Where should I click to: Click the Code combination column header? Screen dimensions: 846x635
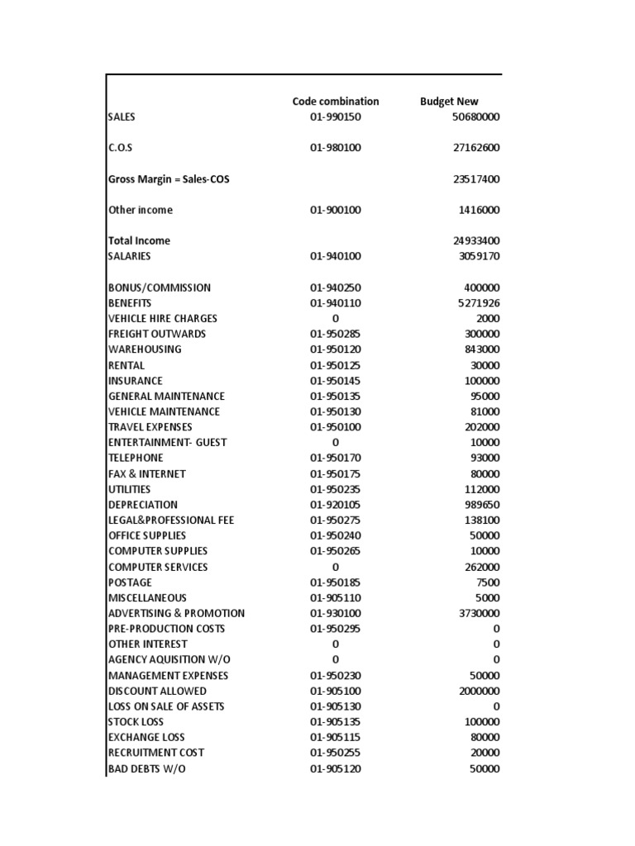tap(335, 102)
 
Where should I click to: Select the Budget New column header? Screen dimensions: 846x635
tap(449, 102)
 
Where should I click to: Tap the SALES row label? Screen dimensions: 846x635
tap(122, 117)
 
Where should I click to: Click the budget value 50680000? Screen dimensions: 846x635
tap(475, 117)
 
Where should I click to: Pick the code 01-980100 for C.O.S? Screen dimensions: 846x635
tap(335, 148)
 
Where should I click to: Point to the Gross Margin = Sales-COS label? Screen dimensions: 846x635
tap(169, 179)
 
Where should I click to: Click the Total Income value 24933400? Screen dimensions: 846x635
tap(475, 241)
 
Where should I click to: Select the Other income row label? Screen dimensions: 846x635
tap(141, 210)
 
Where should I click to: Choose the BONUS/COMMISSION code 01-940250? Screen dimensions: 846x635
tap(335, 288)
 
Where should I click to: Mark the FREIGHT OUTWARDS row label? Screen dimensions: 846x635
tap(157, 334)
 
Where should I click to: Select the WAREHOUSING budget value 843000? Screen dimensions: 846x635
tap(482, 349)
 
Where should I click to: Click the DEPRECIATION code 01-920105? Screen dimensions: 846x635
tap(335, 505)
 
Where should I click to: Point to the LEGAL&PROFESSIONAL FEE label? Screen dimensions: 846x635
tap(171, 520)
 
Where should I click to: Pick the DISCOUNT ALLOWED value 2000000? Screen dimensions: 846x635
tap(479, 691)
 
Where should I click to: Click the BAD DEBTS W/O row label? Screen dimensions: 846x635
tap(147, 769)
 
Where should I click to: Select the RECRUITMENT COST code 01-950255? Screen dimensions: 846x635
tap(335, 753)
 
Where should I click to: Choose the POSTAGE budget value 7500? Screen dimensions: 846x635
tap(488, 582)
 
